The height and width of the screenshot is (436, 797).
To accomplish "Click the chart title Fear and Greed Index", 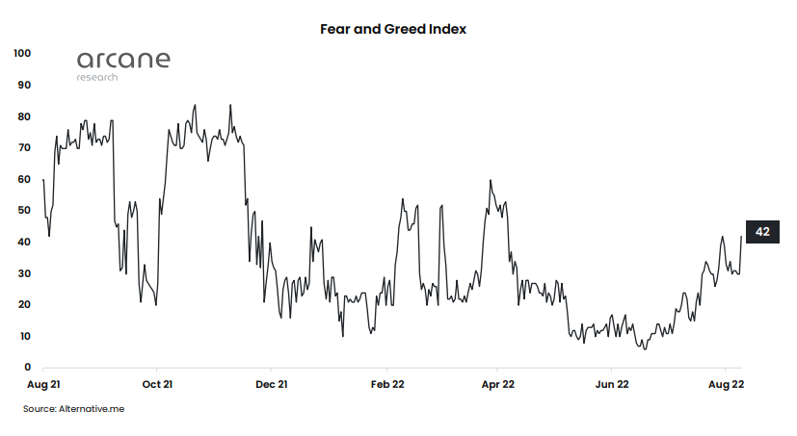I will point(393,30).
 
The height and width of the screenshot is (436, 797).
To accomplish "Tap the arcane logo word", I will point(123,60).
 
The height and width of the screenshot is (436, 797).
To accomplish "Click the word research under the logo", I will point(97,77).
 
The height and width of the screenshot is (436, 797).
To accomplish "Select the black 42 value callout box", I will point(761,232).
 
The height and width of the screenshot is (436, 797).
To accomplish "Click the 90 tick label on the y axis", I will point(25,86).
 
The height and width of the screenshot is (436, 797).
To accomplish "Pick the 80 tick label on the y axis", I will point(25,116).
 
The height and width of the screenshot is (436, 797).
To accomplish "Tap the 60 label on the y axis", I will point(25,179).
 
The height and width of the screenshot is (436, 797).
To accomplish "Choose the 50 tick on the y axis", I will point(25,211).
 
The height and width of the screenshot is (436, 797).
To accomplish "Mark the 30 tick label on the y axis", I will point(25,273).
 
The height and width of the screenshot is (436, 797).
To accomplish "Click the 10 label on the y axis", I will point(25,336).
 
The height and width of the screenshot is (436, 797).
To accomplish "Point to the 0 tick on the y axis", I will point(28,368).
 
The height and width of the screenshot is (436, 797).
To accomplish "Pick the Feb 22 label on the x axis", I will point(386,384).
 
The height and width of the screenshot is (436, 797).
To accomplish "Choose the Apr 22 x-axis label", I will point(498,384).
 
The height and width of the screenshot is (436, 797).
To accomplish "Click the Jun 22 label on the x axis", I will point(612,384).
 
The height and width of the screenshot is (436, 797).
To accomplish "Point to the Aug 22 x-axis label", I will point(726,384).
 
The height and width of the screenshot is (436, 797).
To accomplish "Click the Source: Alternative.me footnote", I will point(74,409).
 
